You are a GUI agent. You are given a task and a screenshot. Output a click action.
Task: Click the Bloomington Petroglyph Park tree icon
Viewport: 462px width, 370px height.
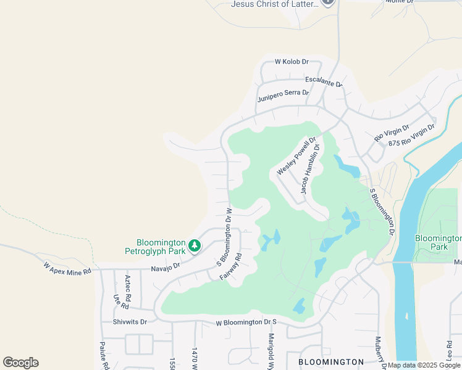(195, 246)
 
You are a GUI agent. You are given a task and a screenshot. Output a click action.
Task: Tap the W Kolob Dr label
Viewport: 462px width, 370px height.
(292, 62)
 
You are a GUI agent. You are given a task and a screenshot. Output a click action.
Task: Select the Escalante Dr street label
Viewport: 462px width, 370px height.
(324, 82)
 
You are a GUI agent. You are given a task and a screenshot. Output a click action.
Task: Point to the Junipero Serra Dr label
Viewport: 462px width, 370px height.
(283, 96)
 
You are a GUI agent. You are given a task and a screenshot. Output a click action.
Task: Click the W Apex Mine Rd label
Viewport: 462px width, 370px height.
(67, 268)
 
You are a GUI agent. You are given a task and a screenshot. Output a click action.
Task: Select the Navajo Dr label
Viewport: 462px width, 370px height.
(165, 266)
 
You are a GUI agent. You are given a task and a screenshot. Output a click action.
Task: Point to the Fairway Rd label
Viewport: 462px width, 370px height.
(230, 267)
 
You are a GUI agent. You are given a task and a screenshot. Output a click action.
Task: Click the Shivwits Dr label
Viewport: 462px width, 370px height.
(130, 321)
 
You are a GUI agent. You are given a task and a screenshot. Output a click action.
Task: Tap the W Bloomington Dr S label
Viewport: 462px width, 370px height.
(246, 323)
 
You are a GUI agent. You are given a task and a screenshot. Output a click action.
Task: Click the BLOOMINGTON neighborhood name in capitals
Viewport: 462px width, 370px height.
(331, 361)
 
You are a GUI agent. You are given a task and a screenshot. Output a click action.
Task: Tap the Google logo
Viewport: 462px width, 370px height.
(20, 363)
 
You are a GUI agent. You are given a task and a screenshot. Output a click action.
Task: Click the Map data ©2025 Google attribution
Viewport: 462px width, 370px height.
(424, 365)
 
